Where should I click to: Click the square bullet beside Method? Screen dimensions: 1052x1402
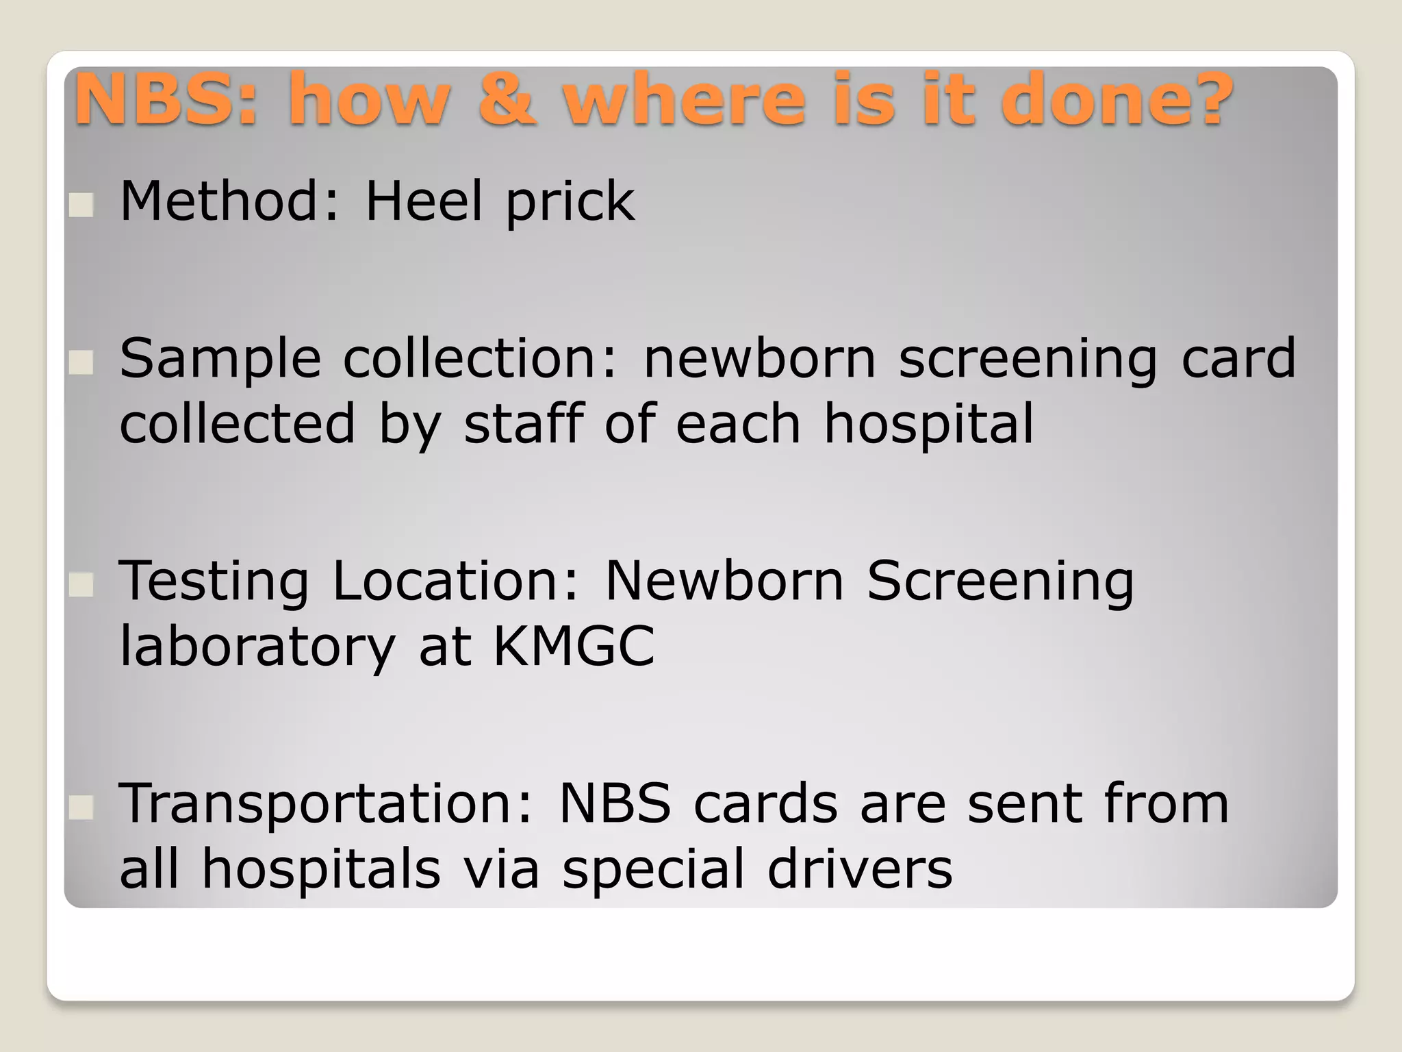tap(81, 205)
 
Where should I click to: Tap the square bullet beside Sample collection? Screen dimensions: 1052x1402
tap(81, 362)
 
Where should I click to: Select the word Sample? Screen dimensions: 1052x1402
tap(220, 360)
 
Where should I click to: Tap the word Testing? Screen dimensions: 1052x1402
tap(214, 582)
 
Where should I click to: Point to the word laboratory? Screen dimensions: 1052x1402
tap(257, 647)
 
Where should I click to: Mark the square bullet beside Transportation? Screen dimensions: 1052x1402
tap(81, 808)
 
